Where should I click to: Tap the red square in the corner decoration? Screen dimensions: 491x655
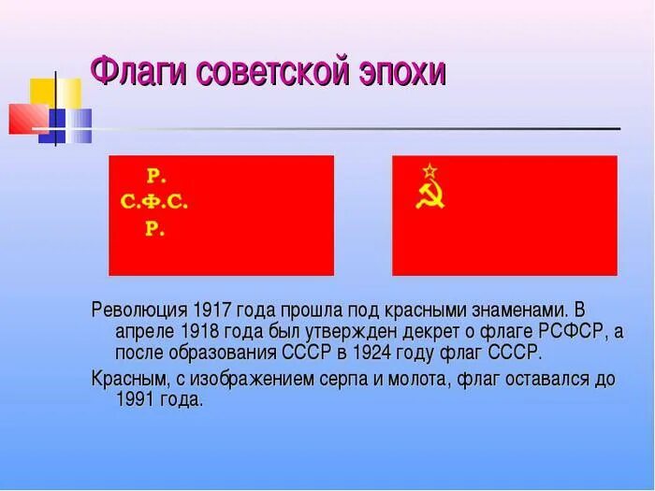tap(25, 118)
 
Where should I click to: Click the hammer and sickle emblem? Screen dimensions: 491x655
tap(429, 195)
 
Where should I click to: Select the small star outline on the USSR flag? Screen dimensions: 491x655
tap(429, 171)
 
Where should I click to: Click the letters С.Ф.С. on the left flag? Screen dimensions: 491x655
tap(154, 201)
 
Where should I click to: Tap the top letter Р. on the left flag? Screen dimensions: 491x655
tap(154, 175)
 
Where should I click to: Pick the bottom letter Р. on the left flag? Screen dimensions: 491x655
tap(154, 228)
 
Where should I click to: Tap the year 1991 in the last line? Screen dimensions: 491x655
tap(136, 399)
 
